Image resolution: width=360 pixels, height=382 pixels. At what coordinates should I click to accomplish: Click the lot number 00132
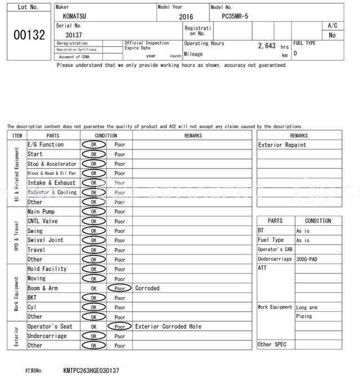(x=29, y=35)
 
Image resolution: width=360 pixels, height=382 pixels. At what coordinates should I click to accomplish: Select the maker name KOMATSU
(x=71, y=17)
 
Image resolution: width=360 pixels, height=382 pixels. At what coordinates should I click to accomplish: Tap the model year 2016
(x=186, y=17)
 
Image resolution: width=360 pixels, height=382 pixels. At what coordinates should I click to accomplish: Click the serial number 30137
(x=74, y=35)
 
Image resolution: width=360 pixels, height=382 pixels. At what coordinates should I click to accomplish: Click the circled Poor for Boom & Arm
(x=120, y=288)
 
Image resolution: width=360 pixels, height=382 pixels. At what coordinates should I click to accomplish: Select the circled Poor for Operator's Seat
(x=120, y=326)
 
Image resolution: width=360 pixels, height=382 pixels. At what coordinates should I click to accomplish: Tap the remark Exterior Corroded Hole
(x=168, y=326)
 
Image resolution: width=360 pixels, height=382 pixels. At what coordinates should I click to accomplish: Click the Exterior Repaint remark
(x=282, y=145)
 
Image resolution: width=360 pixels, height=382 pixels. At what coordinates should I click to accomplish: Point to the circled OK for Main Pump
(x=93, y=212)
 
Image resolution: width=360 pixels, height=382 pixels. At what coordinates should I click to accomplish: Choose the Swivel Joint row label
(x=46, y=240)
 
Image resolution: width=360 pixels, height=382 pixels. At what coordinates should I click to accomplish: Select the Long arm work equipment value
(x=307, y=307)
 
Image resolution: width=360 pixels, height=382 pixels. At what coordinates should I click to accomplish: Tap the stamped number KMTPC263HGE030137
(x=91, y=371)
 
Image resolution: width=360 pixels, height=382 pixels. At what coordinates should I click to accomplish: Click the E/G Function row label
(x=46, y=144)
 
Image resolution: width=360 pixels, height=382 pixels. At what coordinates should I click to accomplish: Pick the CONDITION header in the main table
(x=106, y=135)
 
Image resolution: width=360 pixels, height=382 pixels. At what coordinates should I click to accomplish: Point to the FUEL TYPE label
(x=304, y=43)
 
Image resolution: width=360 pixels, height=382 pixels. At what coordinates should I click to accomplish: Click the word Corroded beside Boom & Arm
(x=147, y=288)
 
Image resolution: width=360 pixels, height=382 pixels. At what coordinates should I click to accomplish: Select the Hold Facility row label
(x=47, y=269)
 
